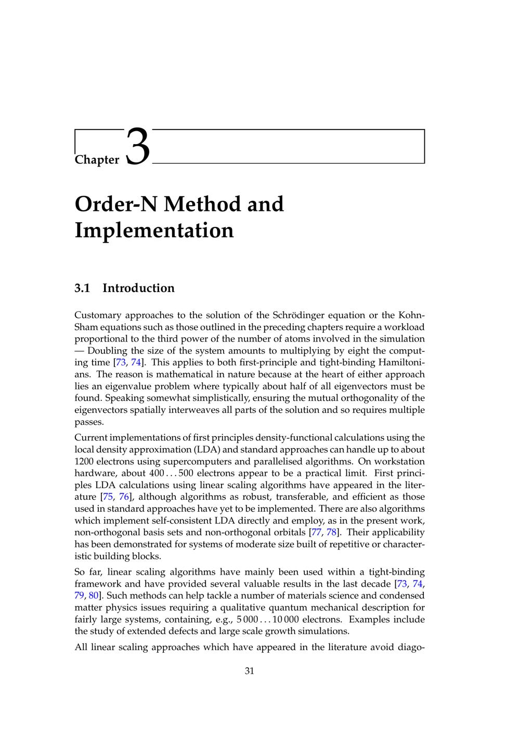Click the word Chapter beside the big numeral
coord(97,160)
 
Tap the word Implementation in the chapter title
coord(154,230)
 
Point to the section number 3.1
coord(82,288)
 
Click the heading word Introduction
coord(138,288)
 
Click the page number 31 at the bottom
coord(249,671)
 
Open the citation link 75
coord(108,497)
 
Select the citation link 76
coord(124,497)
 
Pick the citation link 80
coord(94,596)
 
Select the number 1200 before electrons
coord(84,462)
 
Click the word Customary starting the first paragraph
coord(98,315)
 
